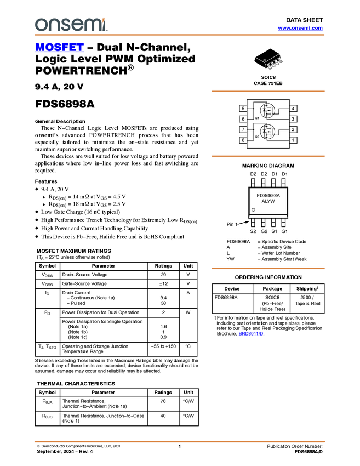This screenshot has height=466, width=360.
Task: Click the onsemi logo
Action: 71,25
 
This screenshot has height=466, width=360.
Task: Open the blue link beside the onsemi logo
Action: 300,28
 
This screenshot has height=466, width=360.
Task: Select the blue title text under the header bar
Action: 59,47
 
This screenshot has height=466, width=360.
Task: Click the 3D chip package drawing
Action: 268,62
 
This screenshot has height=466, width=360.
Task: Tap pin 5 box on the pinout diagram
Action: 243,109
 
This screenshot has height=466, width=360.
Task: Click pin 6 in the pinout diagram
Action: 243,119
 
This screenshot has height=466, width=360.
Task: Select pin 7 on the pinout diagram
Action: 243,129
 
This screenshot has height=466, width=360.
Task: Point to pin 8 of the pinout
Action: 243,140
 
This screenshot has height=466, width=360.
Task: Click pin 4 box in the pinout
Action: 293,109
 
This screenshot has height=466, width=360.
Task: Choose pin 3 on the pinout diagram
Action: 293,119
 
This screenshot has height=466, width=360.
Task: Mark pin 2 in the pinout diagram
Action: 293,129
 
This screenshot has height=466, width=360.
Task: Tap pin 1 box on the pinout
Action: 293,140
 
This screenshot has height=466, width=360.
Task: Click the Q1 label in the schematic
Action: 257,118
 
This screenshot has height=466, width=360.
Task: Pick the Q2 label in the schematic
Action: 257,136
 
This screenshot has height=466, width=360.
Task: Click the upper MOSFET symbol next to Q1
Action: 267,111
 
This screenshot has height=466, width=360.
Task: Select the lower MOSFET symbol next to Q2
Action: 267,132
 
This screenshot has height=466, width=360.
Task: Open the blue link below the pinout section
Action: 251,334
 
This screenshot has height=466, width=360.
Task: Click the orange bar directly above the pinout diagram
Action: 268,92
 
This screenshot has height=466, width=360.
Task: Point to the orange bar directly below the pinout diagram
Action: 268,156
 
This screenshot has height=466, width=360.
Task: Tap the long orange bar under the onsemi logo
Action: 179,35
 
